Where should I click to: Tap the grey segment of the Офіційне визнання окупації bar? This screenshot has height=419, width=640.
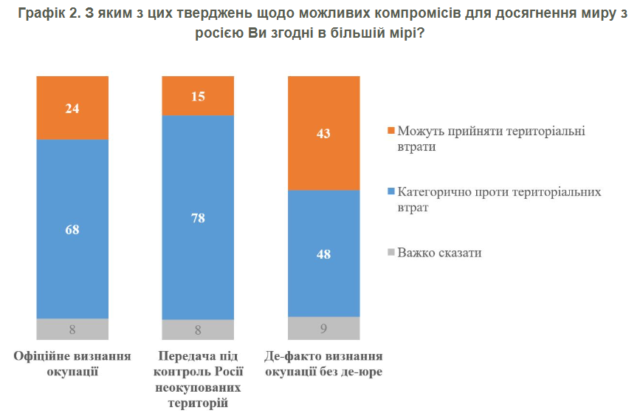pos(72,329)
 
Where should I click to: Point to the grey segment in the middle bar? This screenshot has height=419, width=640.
pos(198,330)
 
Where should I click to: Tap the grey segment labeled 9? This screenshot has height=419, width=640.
pos(323,328)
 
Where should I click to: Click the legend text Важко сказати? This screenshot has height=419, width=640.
pos(439,253)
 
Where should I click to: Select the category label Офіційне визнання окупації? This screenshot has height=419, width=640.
pos(72,363)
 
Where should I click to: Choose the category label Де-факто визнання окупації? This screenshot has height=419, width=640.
pos(323,363)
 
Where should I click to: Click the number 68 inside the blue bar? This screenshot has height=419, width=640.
pos(72,230)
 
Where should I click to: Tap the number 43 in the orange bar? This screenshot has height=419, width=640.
pos(323,134)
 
